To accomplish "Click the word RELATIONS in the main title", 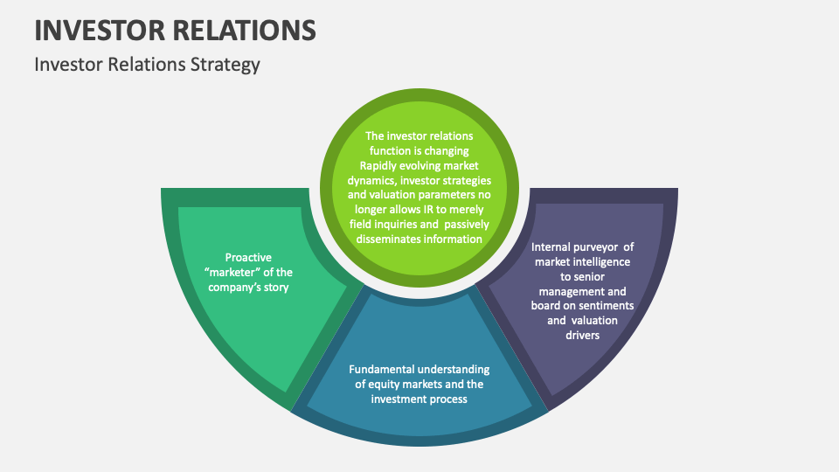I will tap(244, 31).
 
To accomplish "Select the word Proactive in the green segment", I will tap(249, 257).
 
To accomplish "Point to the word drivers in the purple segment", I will tap(582, 335).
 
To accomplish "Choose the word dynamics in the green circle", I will tap(371, 180).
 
